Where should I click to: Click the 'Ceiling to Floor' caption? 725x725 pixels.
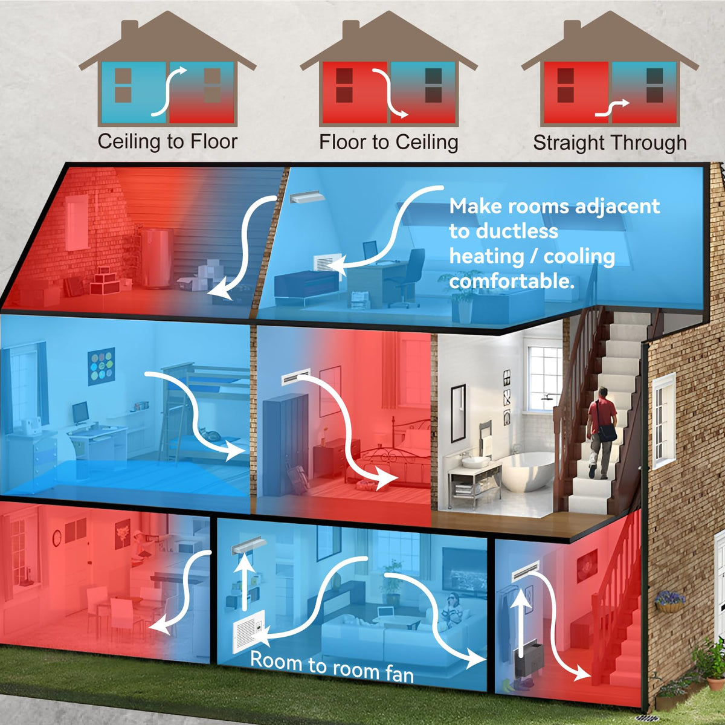tap(167, 142)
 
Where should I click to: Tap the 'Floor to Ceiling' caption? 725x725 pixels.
tap(388, 143)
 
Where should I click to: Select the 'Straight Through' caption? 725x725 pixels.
tap(610, 143)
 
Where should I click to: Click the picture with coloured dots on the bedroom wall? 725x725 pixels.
tap(101, 366)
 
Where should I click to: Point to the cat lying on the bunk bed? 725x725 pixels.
tap(210, 434)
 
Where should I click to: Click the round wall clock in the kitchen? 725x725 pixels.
tap(57, 538)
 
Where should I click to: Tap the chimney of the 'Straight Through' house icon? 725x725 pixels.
tap(572, 30)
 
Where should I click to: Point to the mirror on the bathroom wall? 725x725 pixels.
tap(458, 413)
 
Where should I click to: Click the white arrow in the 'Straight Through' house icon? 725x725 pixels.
tap(612, 109)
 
